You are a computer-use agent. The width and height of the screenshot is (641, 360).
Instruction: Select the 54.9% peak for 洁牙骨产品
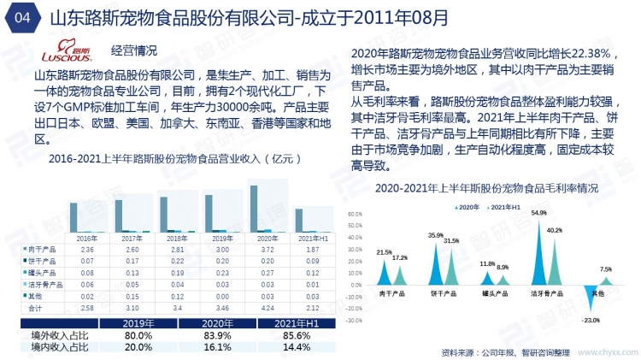(540, 213)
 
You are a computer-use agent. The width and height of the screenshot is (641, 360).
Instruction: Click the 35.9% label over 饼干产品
(435, 235)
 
